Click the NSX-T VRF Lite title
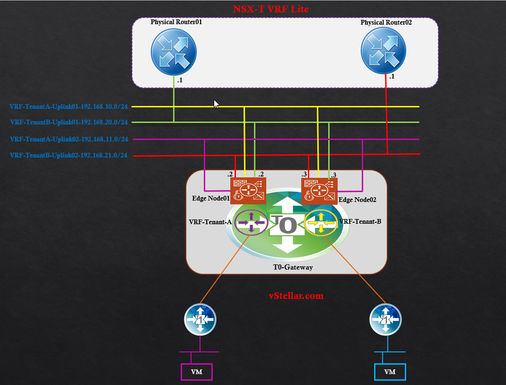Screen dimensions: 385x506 (x=270, y=9)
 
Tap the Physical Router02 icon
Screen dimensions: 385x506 (x=383, y=52)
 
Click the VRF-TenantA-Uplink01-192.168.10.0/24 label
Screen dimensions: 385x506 (x=69, y=106)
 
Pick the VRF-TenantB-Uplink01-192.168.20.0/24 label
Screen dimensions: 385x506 (x=69, y=122)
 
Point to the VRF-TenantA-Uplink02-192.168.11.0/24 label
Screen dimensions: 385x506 (x=69, y=139)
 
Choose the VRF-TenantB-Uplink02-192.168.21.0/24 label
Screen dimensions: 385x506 (x=69, y=155)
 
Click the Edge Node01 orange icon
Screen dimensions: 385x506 (x=248, y=190)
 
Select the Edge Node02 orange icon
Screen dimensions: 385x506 (x=319, y=191)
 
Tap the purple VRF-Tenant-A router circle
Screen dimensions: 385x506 (x=251, y=222)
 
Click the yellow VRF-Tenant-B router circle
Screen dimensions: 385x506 (x=321, y=222)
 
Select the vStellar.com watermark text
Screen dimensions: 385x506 (x=296, y=296)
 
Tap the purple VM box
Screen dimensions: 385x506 (x=197, y=372)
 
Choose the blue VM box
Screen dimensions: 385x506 (x=390, y=372)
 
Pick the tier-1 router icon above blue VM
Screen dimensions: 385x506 (x=385, y=320)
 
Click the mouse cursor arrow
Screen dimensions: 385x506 (x=217, y=104)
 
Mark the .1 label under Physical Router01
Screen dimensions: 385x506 (x=180, y=80)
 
